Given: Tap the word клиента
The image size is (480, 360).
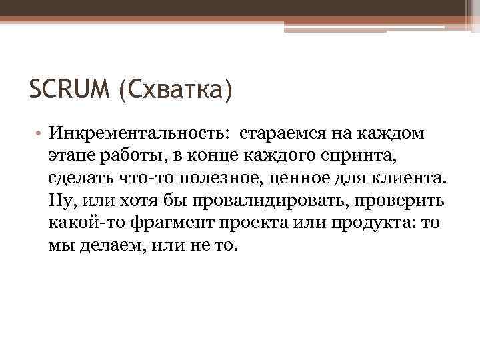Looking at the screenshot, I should (414, 179).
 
